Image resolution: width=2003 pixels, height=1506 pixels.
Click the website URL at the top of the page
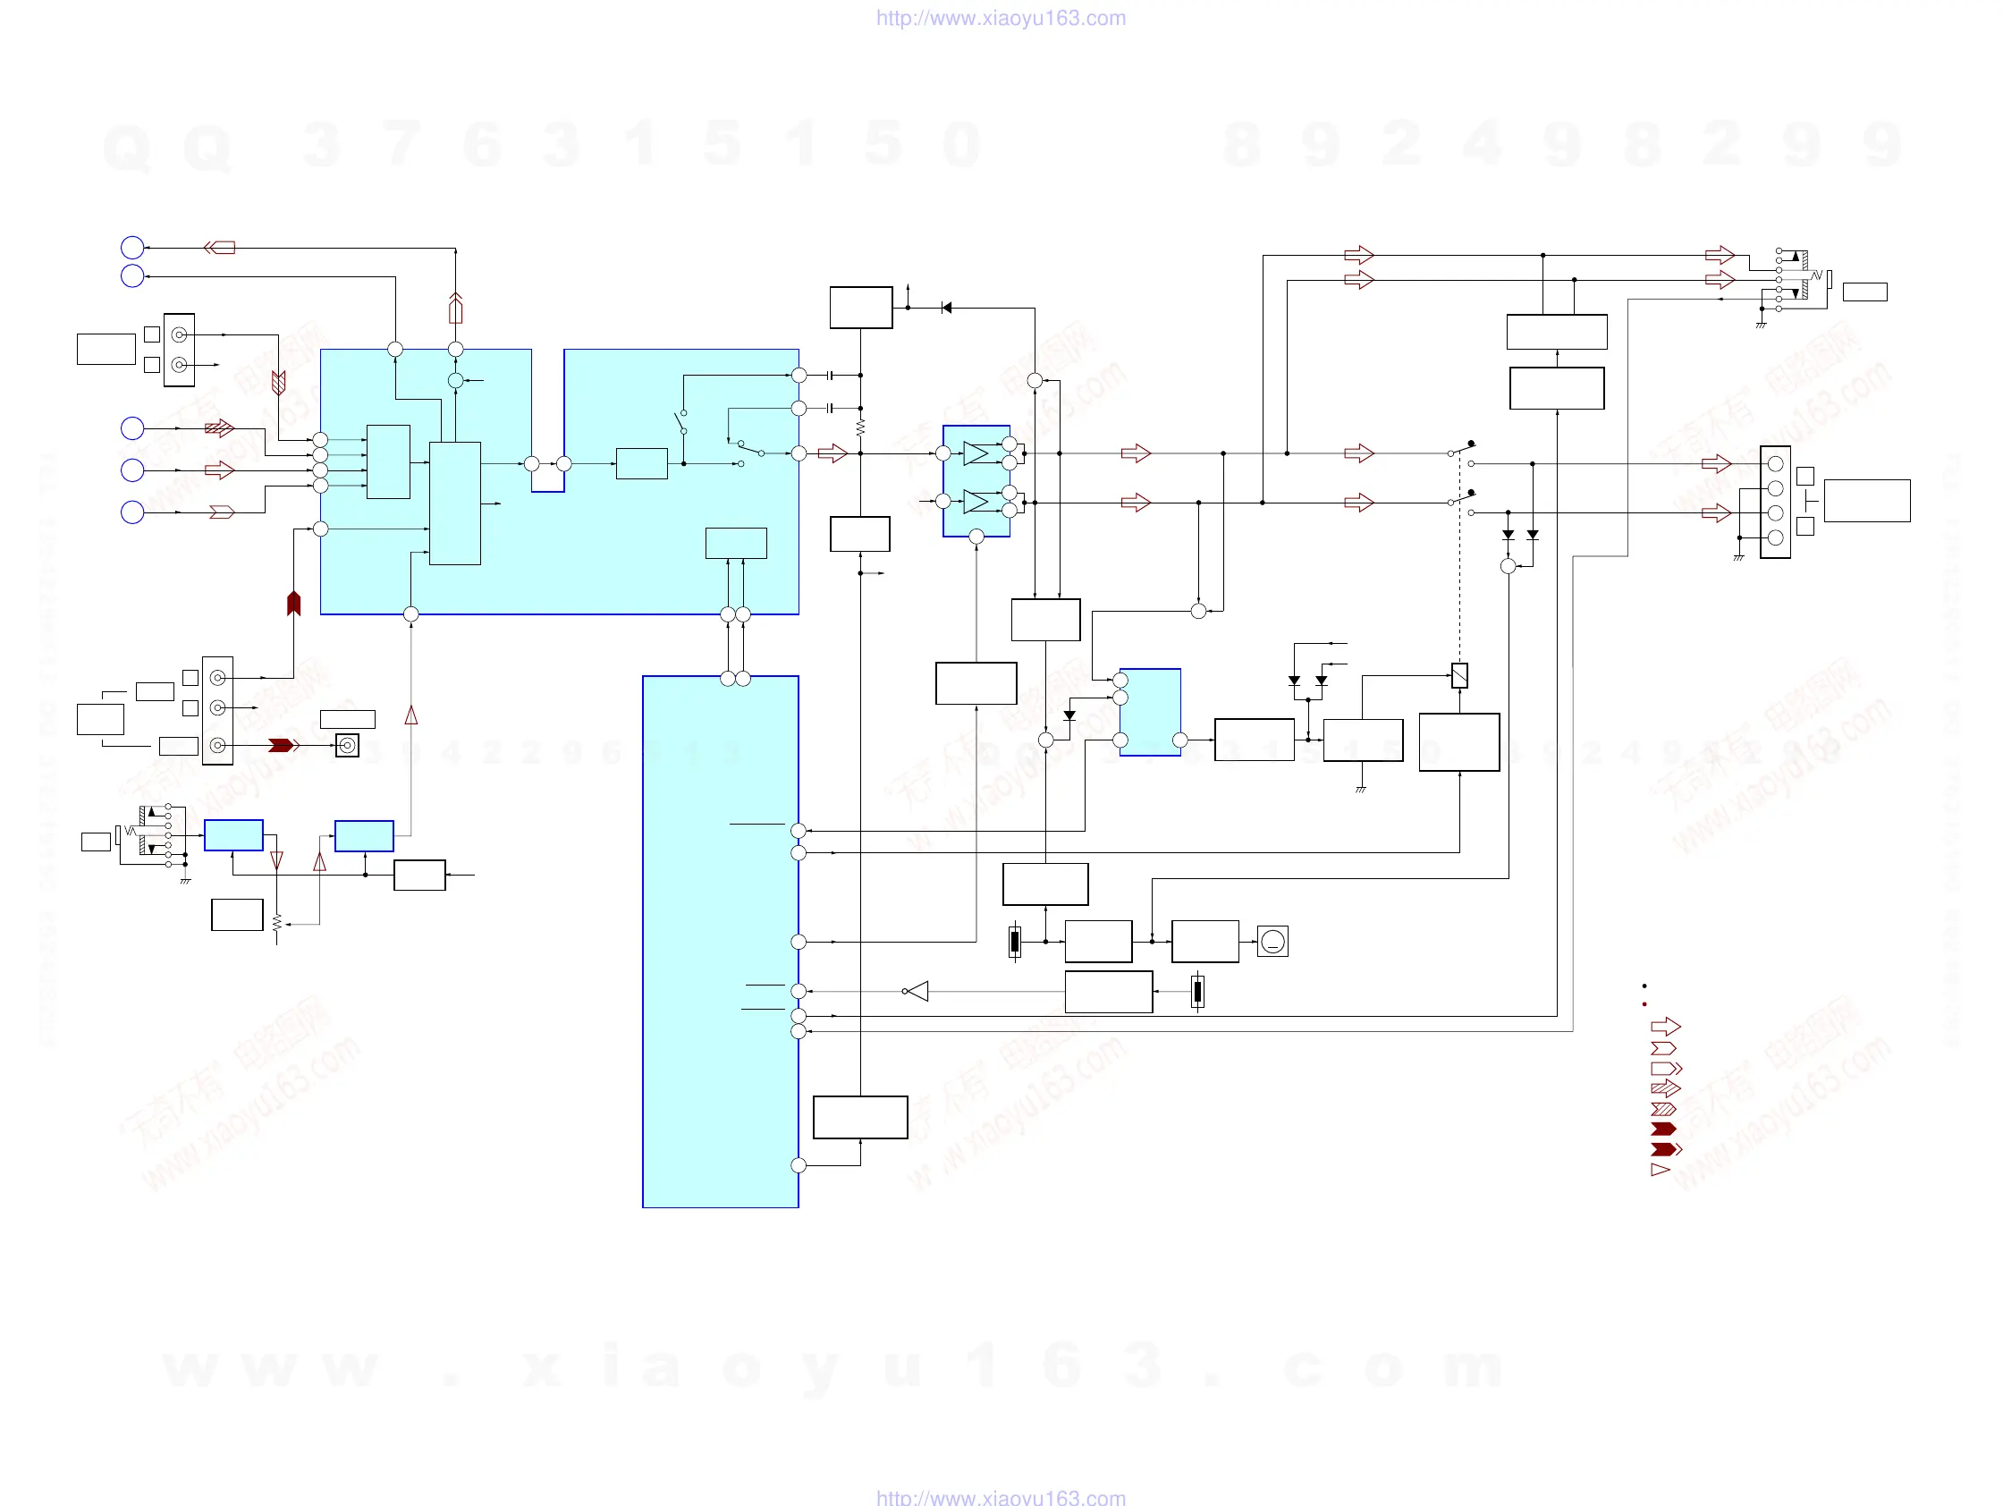[1001, 18]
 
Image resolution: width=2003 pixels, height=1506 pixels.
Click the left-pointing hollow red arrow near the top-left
[219, 247]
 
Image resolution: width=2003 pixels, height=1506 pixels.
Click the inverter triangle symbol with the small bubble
[917, 992]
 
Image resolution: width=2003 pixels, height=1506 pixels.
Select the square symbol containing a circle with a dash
[1272, 942]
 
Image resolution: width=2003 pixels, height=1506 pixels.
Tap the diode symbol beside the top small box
[946, 308]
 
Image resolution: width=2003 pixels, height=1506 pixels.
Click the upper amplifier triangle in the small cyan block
[976, 453]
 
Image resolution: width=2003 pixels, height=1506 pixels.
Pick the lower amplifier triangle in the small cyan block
[976, 501]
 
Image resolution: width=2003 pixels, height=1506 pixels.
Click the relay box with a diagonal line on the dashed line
[1458, 675]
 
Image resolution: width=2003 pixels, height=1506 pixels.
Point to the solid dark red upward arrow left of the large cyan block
[293, 603]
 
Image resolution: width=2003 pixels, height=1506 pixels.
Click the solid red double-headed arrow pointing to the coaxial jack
[283, 745]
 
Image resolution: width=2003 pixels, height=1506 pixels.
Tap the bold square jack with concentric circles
[347, 745]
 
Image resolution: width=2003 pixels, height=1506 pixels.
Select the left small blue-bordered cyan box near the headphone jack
[233, 835]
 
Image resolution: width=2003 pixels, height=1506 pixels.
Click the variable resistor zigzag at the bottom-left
[276, 923]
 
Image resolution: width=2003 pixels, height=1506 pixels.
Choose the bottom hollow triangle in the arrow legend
[1660, 1170]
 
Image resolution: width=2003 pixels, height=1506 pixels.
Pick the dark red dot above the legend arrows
[1644, 1004]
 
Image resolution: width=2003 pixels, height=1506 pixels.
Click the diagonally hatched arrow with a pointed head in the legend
[1665, 1088]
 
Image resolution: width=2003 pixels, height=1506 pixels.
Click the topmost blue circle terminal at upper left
[132, 247]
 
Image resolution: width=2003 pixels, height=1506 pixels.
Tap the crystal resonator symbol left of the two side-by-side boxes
[1015, 942]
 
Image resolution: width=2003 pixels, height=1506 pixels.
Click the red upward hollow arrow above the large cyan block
[455, 309]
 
